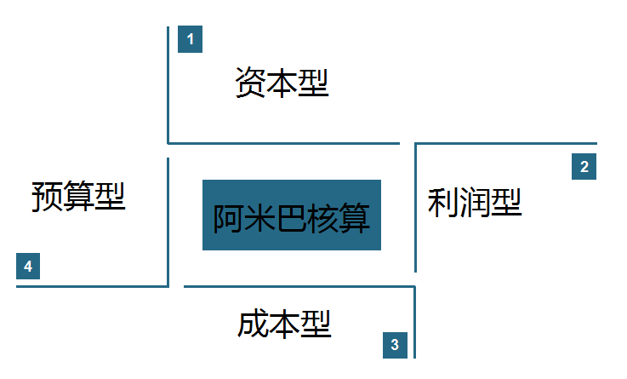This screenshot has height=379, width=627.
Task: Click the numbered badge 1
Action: coord(190,39)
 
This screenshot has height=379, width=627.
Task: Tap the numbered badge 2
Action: coord(584,166)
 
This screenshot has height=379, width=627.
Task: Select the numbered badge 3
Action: coord(395,345)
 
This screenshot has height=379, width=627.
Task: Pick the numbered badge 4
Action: coord(28,266)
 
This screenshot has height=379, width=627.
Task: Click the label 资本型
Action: coord(282,83)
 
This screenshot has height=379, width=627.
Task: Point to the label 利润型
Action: coord(475,203)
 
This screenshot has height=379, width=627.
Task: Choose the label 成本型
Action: coord(284,324)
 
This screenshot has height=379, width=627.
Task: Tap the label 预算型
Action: coord(78,196)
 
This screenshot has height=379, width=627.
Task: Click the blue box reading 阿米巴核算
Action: coord(292,215)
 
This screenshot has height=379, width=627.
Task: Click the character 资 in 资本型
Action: coord(250,83)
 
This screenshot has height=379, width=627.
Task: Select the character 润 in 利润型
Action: coord(475,203)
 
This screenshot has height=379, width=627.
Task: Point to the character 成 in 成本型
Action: coord(254,324)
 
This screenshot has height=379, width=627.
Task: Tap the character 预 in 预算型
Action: coord(47,196)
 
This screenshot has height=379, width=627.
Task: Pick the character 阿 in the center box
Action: coord(228,218)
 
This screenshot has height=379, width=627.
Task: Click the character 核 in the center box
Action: coord(323,218)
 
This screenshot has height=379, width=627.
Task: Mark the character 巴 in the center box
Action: coord(292,218)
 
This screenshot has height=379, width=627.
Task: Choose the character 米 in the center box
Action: coord(260,218)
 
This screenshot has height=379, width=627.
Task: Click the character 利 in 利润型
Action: coord(443,203)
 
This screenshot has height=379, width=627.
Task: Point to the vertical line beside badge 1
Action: coord(168,85)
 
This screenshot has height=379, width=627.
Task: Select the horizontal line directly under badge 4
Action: coord(93,286)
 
